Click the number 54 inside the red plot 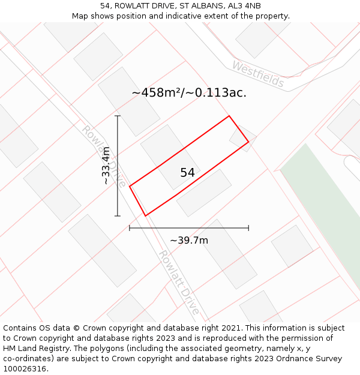click(x=187, y=173)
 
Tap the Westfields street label click(x=258, y=74)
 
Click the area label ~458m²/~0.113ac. click(x=189, y=93)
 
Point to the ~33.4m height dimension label click(x=106, y=166)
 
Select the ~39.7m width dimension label click(x=189, y=241)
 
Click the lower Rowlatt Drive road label click(x=178, y=282)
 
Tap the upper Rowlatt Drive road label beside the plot click(x=103, y=155)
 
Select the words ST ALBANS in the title click(x=198, y=6)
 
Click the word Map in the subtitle click(x=80, y=16)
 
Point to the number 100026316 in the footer click(x=24, y=369)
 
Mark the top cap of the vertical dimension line click(x=118, y=116)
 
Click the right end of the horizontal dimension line click(x=248, y=228)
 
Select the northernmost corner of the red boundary click(x=229, y=116)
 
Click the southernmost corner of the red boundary click(x=146, y=215)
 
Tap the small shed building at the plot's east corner click(x=242, y=137)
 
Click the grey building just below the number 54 click(x=204, y=193)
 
